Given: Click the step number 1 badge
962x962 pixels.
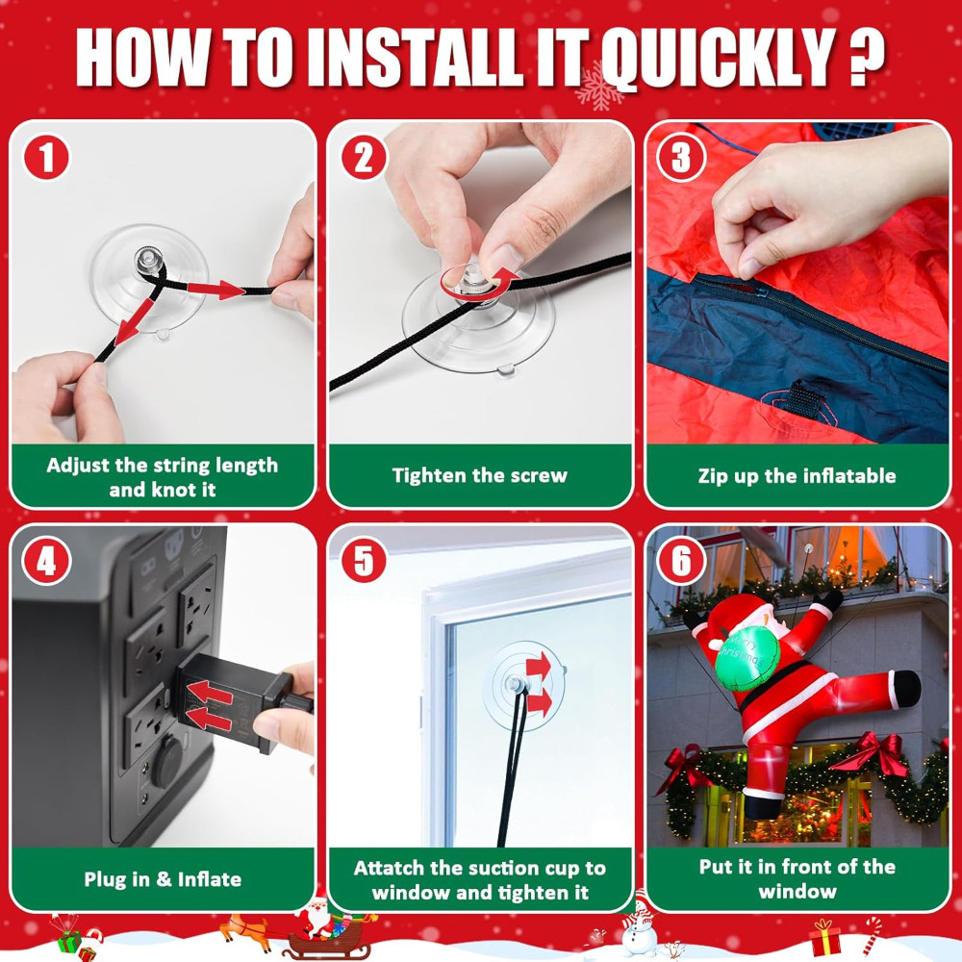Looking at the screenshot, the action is (x=46, y=157).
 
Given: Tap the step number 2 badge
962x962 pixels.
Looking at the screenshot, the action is (x=364, y=157).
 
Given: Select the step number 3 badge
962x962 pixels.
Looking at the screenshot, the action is (x=681, y=157).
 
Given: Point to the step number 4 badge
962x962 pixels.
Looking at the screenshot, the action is (x=46, y=561).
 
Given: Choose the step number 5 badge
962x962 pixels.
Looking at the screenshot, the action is (x=364, y=561).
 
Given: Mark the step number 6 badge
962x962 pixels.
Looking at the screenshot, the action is (x=681, y=561).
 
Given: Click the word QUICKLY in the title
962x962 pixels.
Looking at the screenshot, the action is (x=718, y=59).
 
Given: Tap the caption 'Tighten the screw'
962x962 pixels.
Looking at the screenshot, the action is (x=480, y=475).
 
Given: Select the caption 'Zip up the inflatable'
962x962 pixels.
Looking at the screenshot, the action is (x=797, y=476).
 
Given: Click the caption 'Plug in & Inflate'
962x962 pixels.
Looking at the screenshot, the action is (x=163, y=879).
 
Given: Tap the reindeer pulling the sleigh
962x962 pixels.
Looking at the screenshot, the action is (x=245, y=929).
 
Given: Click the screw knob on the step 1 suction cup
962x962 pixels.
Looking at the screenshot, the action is (x=150, y=260).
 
